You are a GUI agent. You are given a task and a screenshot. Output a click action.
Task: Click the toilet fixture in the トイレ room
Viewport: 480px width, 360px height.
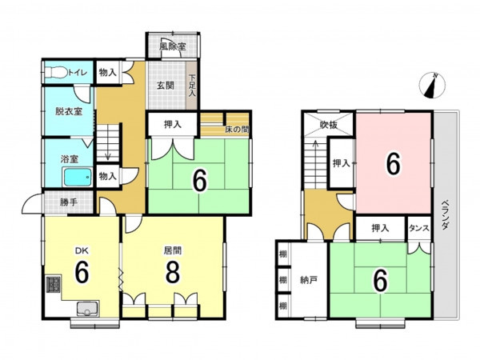(56, 73)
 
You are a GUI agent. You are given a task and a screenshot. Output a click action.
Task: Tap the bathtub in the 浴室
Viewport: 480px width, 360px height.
(78, 177)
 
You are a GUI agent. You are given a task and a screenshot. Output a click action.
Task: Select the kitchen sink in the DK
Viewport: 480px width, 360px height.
(87, 309)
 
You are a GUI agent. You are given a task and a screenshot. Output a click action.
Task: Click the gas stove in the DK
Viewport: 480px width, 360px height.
(53, 284)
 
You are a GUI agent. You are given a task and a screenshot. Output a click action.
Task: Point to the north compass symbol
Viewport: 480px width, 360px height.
(432, 86)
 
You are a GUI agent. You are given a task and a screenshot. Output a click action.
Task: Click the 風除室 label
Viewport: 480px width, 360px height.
(173, 46)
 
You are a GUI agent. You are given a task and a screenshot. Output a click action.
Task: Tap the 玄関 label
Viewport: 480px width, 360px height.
(166, 86)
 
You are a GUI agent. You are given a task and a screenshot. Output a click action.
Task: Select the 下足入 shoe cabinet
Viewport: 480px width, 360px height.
(192, 86)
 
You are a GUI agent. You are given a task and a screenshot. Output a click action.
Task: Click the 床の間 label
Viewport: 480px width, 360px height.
(237, 130)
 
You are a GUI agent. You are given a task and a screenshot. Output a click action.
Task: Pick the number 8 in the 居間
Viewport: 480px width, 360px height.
(172, 273)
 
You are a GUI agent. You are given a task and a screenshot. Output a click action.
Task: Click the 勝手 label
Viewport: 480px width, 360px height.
(69, 202)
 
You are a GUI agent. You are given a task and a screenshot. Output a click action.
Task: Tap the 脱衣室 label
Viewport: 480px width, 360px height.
(69, 111)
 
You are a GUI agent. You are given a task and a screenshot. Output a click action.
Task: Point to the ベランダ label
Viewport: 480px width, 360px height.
(446, 215)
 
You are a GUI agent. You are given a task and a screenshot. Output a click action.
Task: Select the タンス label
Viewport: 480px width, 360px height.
(419, 228)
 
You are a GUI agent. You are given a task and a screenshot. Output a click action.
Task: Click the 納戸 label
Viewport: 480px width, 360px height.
(309, 280)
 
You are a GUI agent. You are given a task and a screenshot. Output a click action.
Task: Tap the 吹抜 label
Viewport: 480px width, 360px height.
(329, 125)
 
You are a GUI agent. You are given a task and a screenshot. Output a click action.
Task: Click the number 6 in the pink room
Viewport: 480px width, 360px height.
(393, 164)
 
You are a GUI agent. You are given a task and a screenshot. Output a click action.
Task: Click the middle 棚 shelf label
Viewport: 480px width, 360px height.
(283, 280)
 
